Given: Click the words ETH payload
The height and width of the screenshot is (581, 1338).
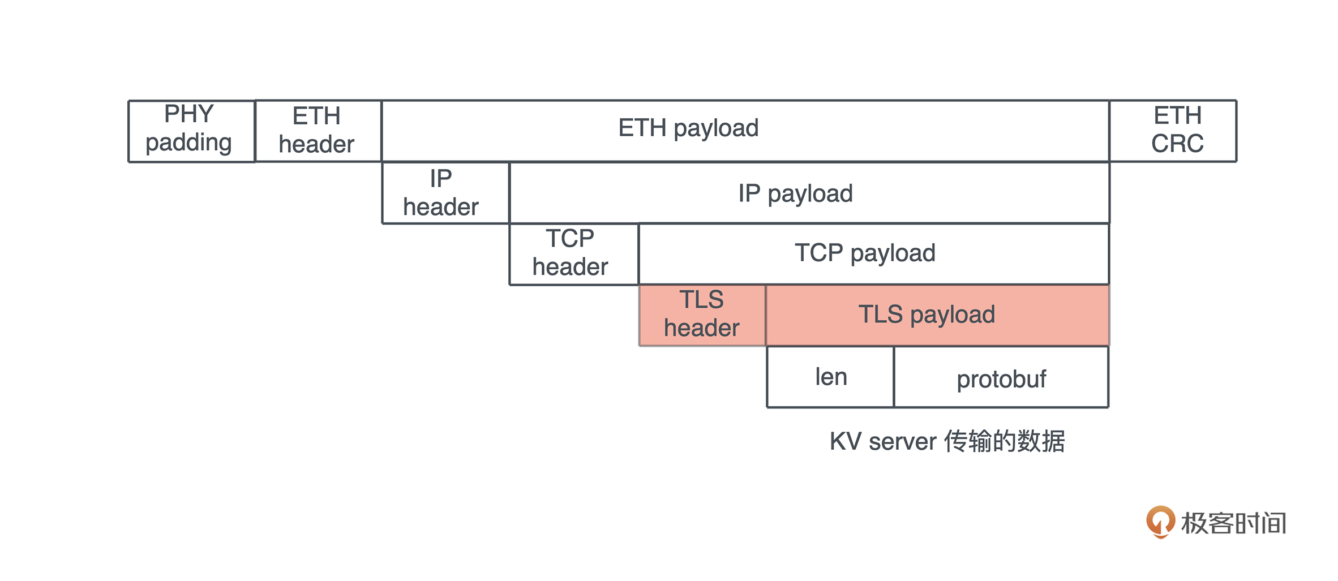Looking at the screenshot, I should click(688, 128).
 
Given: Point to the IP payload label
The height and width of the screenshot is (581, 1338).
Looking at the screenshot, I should click(795, 194).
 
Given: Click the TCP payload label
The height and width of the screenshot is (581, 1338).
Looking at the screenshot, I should click(865, 253).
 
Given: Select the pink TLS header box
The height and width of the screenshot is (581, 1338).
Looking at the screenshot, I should click(702, 315).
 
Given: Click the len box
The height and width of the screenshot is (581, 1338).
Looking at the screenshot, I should click(830, 377).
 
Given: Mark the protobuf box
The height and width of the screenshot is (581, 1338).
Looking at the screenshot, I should click(1001, 378).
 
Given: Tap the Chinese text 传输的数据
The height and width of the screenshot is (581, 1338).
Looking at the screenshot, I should click(1005, 442).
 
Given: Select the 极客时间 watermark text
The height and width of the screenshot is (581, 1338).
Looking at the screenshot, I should click(1234, 523).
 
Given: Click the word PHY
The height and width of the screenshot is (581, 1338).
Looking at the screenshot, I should click(189, 114).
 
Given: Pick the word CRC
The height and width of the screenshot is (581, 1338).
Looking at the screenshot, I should click(1177, 144).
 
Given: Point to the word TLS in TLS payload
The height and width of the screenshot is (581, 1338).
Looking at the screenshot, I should click(880, 315).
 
